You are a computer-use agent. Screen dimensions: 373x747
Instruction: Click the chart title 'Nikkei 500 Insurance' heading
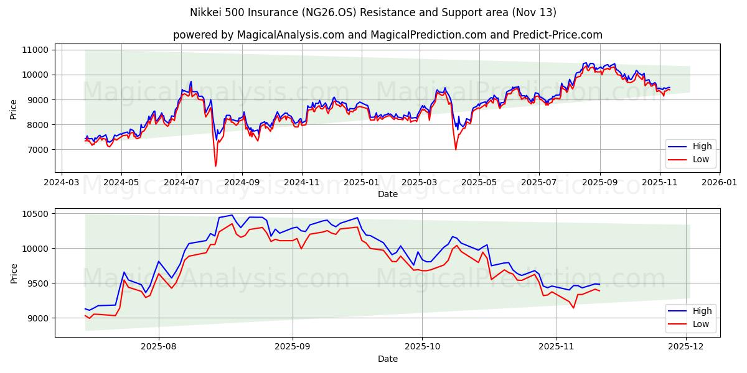[x=374, y=12]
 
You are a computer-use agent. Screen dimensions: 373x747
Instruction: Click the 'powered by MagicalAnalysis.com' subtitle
[x=387, y=35]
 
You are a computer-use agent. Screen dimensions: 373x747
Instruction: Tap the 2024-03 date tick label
[x=61, y=183]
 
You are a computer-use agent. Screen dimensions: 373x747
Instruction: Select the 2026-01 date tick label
[x=719, y=183]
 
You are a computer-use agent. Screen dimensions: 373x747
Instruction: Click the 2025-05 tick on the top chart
[x=479, y=183]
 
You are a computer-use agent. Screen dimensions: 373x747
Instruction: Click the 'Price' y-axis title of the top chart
[x=14, y=109]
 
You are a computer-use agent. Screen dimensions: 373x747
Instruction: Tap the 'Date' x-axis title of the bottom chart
[x=387, y=359]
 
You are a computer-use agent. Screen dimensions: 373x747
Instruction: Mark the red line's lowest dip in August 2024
[x=215, y=166]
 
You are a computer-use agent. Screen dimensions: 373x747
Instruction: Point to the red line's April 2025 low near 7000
[x=456, y=149]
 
